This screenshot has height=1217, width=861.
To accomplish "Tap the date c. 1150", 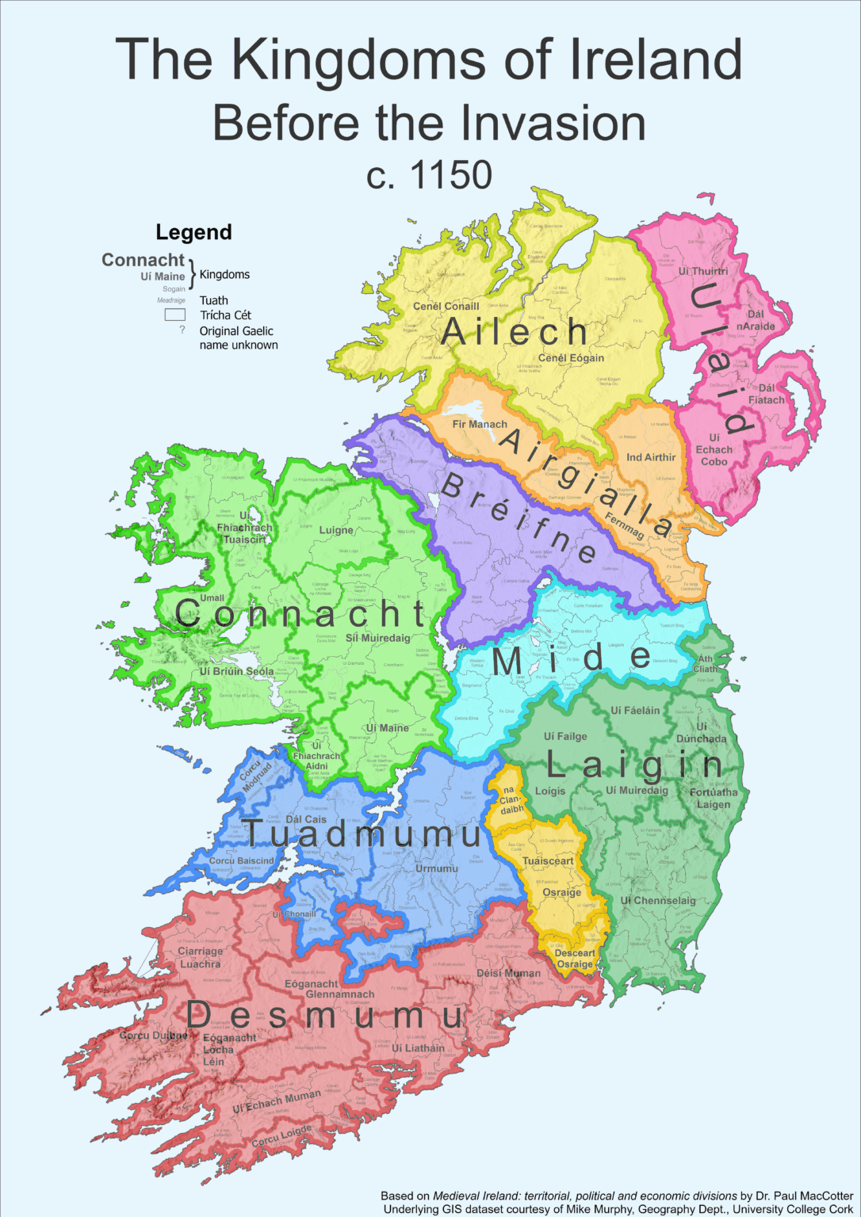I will pos(429,175).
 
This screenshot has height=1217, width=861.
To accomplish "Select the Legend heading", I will pos(193,232).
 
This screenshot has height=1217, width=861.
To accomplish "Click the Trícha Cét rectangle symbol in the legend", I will pos(174,315).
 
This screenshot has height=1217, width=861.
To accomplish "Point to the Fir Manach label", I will pos(480,424).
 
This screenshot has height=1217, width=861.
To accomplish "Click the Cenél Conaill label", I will pos(446,306).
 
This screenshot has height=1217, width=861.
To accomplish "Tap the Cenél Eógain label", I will pos(571,358).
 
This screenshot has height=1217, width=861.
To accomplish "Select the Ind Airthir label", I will pos(651,457).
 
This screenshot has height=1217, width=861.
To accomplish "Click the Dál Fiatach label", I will pos(767,394).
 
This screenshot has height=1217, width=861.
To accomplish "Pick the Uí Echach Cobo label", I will pos(714,449).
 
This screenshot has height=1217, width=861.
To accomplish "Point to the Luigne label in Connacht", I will pos(336,530).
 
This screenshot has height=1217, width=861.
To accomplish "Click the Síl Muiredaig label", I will pos(377,638).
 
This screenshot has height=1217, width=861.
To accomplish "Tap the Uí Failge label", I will pos(565,736).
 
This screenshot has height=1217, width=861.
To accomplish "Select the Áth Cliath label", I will pos(706,664).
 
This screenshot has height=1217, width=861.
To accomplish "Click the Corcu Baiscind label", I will pos(242,860).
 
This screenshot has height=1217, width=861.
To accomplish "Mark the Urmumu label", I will pos(437,868).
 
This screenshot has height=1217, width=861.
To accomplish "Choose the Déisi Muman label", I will pos(508,973).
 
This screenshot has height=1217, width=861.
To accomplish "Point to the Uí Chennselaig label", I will pos(658,900).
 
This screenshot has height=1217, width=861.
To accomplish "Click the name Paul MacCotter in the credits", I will pos(812,1196).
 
